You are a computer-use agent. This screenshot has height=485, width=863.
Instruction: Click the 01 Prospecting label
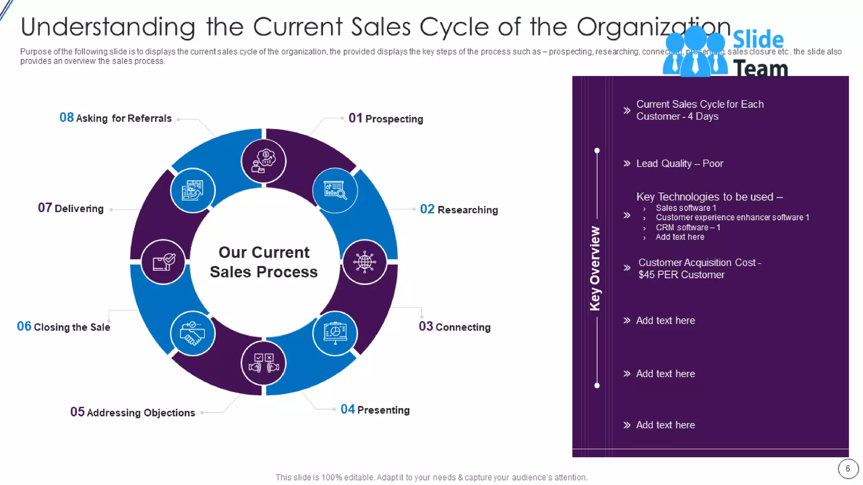[x=386, y=119]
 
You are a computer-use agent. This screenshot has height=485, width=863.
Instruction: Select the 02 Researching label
[x=459, y=210]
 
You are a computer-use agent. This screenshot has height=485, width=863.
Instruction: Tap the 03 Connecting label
[x=455, y=327]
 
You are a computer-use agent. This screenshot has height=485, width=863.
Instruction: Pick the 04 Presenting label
[x=375, y=410]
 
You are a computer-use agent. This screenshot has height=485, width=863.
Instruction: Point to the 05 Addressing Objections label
[x=133, y=413]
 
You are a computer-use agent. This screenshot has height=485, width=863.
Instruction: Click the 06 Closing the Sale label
[x=64, y=327]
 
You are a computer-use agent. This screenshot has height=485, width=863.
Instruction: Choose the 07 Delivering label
[x=71, y=208]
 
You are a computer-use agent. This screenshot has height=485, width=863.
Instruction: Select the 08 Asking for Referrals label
[x=115, y=118]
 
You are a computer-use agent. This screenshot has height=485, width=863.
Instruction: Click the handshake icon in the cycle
[x=193, y=333]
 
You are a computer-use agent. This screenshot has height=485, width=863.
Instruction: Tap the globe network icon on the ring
[x=364, y=262]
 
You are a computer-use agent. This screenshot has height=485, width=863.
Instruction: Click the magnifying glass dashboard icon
[x=335, y=190]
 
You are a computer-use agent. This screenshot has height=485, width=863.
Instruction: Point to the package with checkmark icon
[x=163, y=262]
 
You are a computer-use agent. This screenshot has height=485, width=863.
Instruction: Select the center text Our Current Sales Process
[x=264, y=262]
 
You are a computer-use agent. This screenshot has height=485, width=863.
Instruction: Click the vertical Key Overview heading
[x=595, y=269]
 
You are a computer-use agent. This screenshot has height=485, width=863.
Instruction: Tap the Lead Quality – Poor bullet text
[x=679, y=163]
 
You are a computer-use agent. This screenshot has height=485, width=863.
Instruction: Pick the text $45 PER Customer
[x=681, y=275]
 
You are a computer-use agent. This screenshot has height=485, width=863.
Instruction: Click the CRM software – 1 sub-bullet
[x=688, y=227]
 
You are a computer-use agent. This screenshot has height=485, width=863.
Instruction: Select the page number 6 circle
[x=848, y=469]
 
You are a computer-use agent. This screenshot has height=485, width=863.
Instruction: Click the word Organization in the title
[x=653, y=27]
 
